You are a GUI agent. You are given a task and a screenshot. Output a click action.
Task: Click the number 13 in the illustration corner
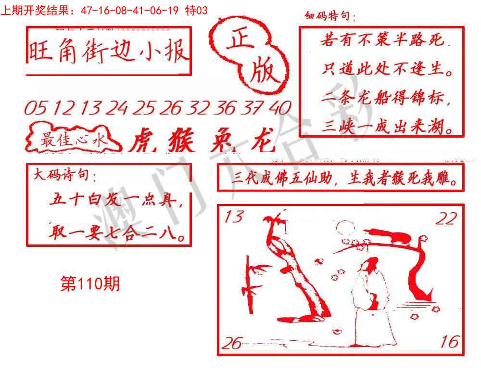[x=234, y=218]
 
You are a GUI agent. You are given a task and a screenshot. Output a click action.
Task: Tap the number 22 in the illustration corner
[x=446, y=219]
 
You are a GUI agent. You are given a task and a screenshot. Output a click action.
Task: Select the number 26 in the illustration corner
[x=232, y=343]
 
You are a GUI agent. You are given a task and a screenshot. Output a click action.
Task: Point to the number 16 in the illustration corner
[x=449, y=342]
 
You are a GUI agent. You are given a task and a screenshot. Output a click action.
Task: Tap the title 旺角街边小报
[x=108, y=51]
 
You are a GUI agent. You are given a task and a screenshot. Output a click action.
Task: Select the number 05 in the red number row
[x=35, y=108]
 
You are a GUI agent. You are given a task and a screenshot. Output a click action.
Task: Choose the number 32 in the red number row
[x=200, y=108]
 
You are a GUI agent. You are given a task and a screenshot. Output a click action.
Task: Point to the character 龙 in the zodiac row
[x=263, y=141]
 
